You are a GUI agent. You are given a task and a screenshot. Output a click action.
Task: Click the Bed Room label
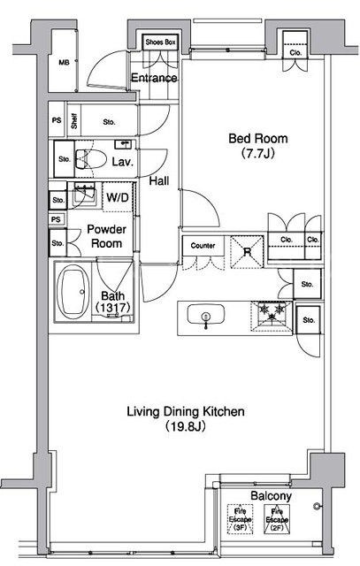point(258,138)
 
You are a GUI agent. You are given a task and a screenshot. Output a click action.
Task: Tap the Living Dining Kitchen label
point(186,411)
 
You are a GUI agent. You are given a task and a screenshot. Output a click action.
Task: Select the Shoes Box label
point(160,42)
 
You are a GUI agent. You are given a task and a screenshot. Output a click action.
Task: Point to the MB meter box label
point(64,63)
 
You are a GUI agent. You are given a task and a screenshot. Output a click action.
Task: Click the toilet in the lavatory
point(90,159)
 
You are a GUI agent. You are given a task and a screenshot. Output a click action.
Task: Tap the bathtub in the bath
point(73,292)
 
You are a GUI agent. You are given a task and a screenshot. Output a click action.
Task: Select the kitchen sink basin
point(206,315)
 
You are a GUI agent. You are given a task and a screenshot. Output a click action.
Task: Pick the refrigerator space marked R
point(247,251)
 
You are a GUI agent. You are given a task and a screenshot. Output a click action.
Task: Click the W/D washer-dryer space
point(118,197)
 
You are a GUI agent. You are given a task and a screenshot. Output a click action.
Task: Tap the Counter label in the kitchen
point(203,246)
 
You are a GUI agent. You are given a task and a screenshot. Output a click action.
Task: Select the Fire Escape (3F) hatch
point(240,519)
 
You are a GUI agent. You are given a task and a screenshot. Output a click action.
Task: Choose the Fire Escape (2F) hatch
point(277,519)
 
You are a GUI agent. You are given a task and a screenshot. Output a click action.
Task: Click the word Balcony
point(271,495)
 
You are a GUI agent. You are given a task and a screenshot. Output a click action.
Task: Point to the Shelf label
point(74,121)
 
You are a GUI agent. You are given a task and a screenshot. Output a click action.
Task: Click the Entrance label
point(154,78)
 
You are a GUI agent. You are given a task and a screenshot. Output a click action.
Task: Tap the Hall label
point(159,180)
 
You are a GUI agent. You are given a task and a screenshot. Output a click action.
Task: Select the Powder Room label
point(106,236)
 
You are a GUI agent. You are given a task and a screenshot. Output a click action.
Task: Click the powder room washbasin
point(85,195)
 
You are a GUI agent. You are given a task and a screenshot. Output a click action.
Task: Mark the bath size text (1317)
point(112,307)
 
